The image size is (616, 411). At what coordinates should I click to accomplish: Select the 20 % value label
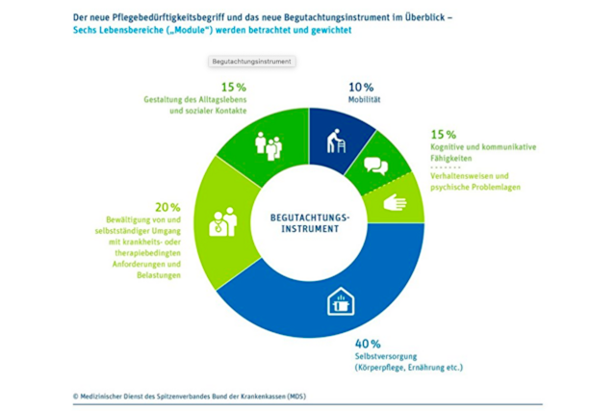point(168,206)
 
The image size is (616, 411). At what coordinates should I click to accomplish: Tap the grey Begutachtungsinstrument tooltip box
point(251,61)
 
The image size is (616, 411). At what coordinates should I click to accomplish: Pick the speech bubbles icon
point(374,165)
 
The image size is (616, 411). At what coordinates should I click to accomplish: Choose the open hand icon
point(395,202)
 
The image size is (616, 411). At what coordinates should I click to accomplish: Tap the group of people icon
point(267,144)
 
